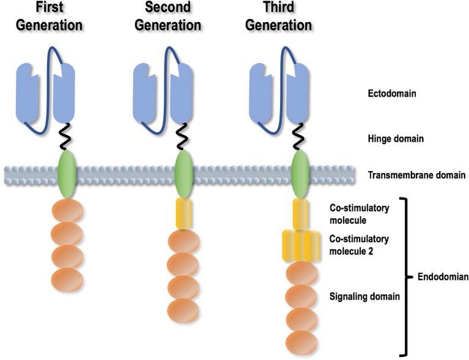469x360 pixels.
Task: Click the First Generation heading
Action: click(x=50, y=17)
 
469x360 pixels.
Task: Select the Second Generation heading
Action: click(x=168, y=17)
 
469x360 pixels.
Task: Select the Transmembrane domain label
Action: click(x=416, y=175)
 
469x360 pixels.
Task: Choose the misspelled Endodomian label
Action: click(x=438, y=276)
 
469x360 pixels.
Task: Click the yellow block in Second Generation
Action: click(x=183, y=213)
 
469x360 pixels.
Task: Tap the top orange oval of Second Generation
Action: click(x=183, y=242)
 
